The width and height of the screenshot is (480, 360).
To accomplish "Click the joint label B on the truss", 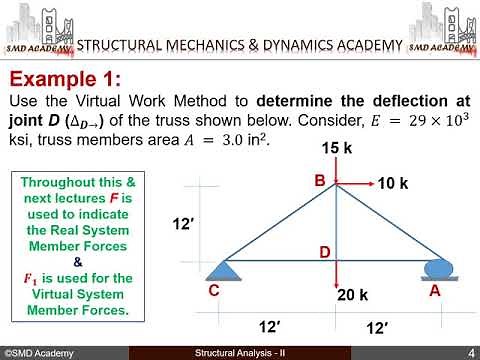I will (320, 181).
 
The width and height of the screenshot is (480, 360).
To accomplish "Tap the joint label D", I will (324, 253).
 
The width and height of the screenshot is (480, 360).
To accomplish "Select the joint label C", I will (214, 291).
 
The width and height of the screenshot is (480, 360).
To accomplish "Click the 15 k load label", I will (335, 148).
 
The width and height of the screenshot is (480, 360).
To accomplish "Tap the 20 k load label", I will (353, 297).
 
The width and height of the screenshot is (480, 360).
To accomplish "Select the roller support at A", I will (437, 268).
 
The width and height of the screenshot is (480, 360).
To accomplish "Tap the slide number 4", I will (470, 353).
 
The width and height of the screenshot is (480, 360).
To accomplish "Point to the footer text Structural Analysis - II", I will (240, 353).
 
